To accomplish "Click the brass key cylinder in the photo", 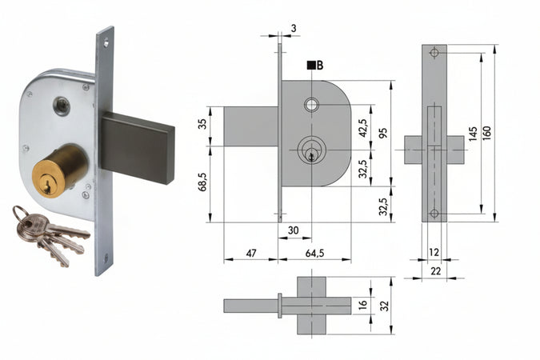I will (x=58, y=168).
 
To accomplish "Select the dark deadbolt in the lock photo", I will (x=137, y=146).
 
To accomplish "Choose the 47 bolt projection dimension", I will (x=250, y=253).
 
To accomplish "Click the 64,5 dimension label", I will (x=316, y=253).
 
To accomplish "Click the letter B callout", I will (x=319, y=66).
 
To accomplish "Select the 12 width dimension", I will (x=434, y=253).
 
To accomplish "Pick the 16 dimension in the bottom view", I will (x=362, y=305).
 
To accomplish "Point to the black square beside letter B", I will (x=310, y=66).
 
